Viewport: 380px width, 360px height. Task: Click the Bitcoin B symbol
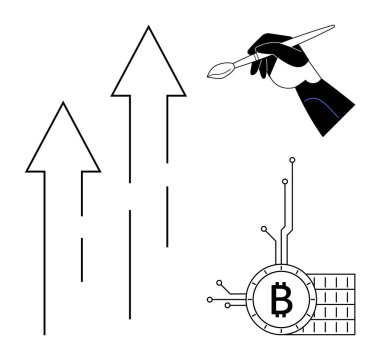[280, 298]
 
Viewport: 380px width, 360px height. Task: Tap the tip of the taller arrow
[149, 27]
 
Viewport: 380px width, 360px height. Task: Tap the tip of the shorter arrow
[63, 103]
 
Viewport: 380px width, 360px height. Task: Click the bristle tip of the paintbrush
[210, 72]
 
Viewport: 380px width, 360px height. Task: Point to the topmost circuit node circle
[291, 159]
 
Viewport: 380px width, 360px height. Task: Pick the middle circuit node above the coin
[284, 182]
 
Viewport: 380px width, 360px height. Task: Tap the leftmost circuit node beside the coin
[209, 298]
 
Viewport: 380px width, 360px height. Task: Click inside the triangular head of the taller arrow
[149, 70]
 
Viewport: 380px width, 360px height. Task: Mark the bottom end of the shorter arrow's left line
[44, 331]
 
